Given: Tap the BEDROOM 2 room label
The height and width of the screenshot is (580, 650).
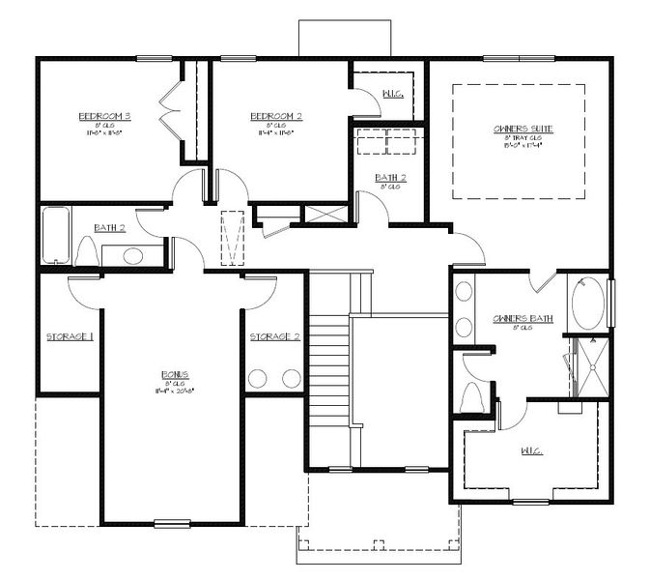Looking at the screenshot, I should [276, 116].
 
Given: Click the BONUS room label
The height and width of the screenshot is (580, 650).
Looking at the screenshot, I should [174, 374].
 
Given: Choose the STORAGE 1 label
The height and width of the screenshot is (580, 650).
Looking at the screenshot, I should [70, 337].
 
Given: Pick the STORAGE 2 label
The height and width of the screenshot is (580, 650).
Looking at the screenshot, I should [274, 337].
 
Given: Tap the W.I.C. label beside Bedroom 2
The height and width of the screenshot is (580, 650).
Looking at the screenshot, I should [392, 94].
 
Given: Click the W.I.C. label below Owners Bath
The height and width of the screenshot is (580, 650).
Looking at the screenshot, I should [530, 451].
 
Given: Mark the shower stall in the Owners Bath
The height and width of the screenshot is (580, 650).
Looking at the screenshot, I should [591, 366].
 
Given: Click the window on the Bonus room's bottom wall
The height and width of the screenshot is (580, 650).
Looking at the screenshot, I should [171, 524].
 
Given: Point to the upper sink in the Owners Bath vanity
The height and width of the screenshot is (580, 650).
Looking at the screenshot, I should [465, 292].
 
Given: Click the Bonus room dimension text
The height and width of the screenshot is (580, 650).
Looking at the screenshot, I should [174, 391].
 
